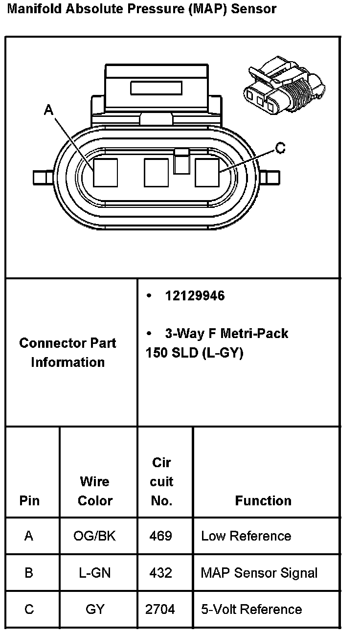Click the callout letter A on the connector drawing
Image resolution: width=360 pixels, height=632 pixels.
tap(48, 110)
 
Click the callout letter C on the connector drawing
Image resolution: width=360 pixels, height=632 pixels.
tap(280, 148)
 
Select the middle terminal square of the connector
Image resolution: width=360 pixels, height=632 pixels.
tap(156, 172)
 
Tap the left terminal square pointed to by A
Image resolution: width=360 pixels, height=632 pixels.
tap(106, 172)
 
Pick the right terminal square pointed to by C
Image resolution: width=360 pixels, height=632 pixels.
tap(207, 172)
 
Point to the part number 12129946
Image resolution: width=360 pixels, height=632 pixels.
tap(195, 296)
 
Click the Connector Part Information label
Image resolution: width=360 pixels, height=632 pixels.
tap(67, 353)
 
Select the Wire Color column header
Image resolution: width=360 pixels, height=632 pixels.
tap(95, 491)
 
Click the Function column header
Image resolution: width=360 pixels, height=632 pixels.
tap(263, 500)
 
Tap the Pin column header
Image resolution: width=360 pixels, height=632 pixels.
tap(29, 500)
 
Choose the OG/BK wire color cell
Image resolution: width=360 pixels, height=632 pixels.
tap(94, 536)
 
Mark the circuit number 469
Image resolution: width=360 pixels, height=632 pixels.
tap(161, 536)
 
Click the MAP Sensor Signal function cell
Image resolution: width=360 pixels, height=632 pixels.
tap(259, 573)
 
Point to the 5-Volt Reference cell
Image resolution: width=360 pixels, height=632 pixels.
tap(251, 609)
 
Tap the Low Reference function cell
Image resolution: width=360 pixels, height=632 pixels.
tap(246, 536)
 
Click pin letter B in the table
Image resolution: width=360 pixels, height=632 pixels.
tap(29, 573)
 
